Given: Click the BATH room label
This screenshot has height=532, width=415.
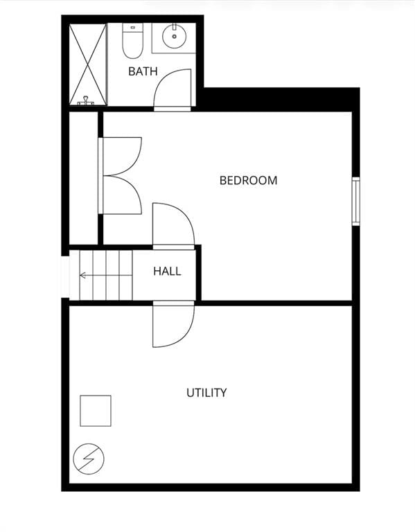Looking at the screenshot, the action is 143,71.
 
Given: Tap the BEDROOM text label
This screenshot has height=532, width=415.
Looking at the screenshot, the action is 249,180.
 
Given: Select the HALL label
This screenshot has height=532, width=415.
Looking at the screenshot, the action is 167,271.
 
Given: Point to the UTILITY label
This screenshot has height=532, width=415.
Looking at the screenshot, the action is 206,393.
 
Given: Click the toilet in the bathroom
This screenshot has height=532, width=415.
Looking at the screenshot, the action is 132,40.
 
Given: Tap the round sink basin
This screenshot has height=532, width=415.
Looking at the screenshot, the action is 174,36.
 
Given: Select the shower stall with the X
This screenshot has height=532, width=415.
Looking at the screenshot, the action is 88,64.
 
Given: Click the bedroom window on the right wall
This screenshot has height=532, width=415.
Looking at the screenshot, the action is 355,201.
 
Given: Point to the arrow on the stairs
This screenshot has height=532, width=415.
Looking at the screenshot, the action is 105,275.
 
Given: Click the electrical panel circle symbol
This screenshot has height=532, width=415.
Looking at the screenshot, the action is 89,459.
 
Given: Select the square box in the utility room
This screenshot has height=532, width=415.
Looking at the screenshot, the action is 96,411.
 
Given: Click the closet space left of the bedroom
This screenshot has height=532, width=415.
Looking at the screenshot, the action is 83,178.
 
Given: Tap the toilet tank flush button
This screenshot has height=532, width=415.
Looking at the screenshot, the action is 133,27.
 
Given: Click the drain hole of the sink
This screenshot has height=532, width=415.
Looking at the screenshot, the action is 174,36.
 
